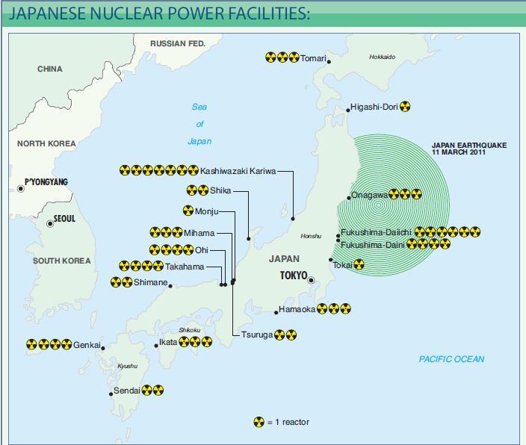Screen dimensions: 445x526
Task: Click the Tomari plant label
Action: pos(314,58)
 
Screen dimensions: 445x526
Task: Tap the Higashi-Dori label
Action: pos(374,108)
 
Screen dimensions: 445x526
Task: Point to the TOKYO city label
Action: pos(294,276)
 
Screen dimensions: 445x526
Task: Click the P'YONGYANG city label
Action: pos(46,182)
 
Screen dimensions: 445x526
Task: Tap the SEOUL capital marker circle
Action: pos(50,224)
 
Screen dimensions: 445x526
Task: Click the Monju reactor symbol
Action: pos(188,211)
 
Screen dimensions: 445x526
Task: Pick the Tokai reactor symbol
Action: pos(359,264)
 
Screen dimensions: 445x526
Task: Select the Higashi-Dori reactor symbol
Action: pos(405,107)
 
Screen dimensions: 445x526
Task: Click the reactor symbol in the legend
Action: pos(259,422)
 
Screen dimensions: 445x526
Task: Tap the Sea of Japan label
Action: pos(199,124)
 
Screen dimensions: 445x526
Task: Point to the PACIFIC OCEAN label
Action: pos(451,359)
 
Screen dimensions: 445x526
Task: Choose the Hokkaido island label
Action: pos(382,57)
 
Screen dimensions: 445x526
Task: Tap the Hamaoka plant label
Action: pos(297,309)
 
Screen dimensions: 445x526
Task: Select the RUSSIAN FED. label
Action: pos(178,44)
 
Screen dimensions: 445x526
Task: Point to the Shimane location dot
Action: pos(170,285)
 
